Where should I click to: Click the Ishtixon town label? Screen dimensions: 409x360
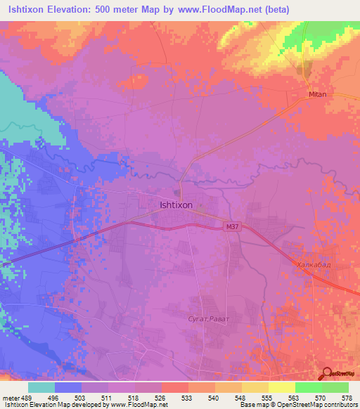point(176,205)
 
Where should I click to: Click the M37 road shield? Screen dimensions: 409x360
point(231,227)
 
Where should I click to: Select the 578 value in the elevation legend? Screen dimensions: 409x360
point(348,397)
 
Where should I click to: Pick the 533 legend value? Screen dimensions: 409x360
point(188,397)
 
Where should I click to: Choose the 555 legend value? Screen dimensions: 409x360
point(268,397)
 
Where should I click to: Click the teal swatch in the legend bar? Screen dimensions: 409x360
point(41,387)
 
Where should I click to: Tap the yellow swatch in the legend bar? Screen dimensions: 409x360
point(281,387)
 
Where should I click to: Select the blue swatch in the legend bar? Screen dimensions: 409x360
point(68,387)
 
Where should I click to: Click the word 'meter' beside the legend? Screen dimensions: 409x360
point(11,397)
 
